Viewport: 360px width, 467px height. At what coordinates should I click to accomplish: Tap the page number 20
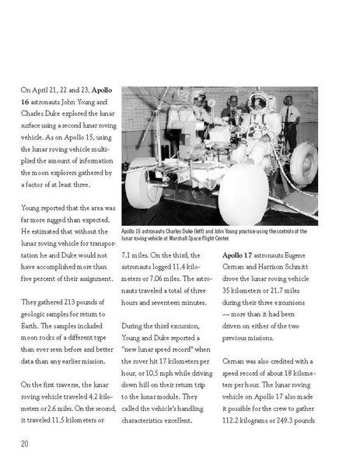click(x=26, y=444)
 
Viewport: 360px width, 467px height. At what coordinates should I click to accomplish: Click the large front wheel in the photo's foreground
click(x=243, y=194)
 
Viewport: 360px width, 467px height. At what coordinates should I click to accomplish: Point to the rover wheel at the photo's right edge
click(x=304, y=163)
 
